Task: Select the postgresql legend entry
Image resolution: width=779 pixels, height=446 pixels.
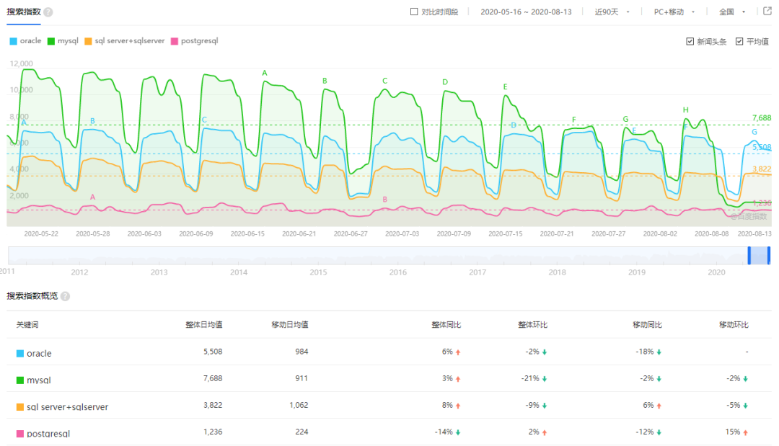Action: click(194, 41)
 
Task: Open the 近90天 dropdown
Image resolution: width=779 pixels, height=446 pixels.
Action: click(612, 12)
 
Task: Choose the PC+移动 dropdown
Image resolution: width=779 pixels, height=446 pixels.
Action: click(674, 12)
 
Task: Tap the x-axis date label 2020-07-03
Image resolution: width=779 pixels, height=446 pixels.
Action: click(402, 233)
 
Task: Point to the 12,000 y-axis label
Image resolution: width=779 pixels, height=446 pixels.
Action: click(21, 63)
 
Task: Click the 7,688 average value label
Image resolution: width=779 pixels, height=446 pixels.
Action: click(761, 117)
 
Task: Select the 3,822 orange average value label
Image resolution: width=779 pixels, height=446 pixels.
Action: click(761, 169)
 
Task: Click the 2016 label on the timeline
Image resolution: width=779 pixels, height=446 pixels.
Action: click(397, 272)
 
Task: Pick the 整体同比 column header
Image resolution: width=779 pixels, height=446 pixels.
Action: click(446, 325)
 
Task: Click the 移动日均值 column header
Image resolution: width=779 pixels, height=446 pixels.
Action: click(290, 325)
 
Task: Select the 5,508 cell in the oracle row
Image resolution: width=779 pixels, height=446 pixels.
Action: click(210, 352)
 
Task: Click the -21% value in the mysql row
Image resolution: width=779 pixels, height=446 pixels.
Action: click(530, 378)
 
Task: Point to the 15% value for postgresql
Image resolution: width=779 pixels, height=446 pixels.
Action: click(733, 432)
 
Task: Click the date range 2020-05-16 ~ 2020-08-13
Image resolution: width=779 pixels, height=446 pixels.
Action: click(526, 12)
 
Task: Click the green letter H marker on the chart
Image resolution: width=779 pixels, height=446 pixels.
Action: click(685, 110)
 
